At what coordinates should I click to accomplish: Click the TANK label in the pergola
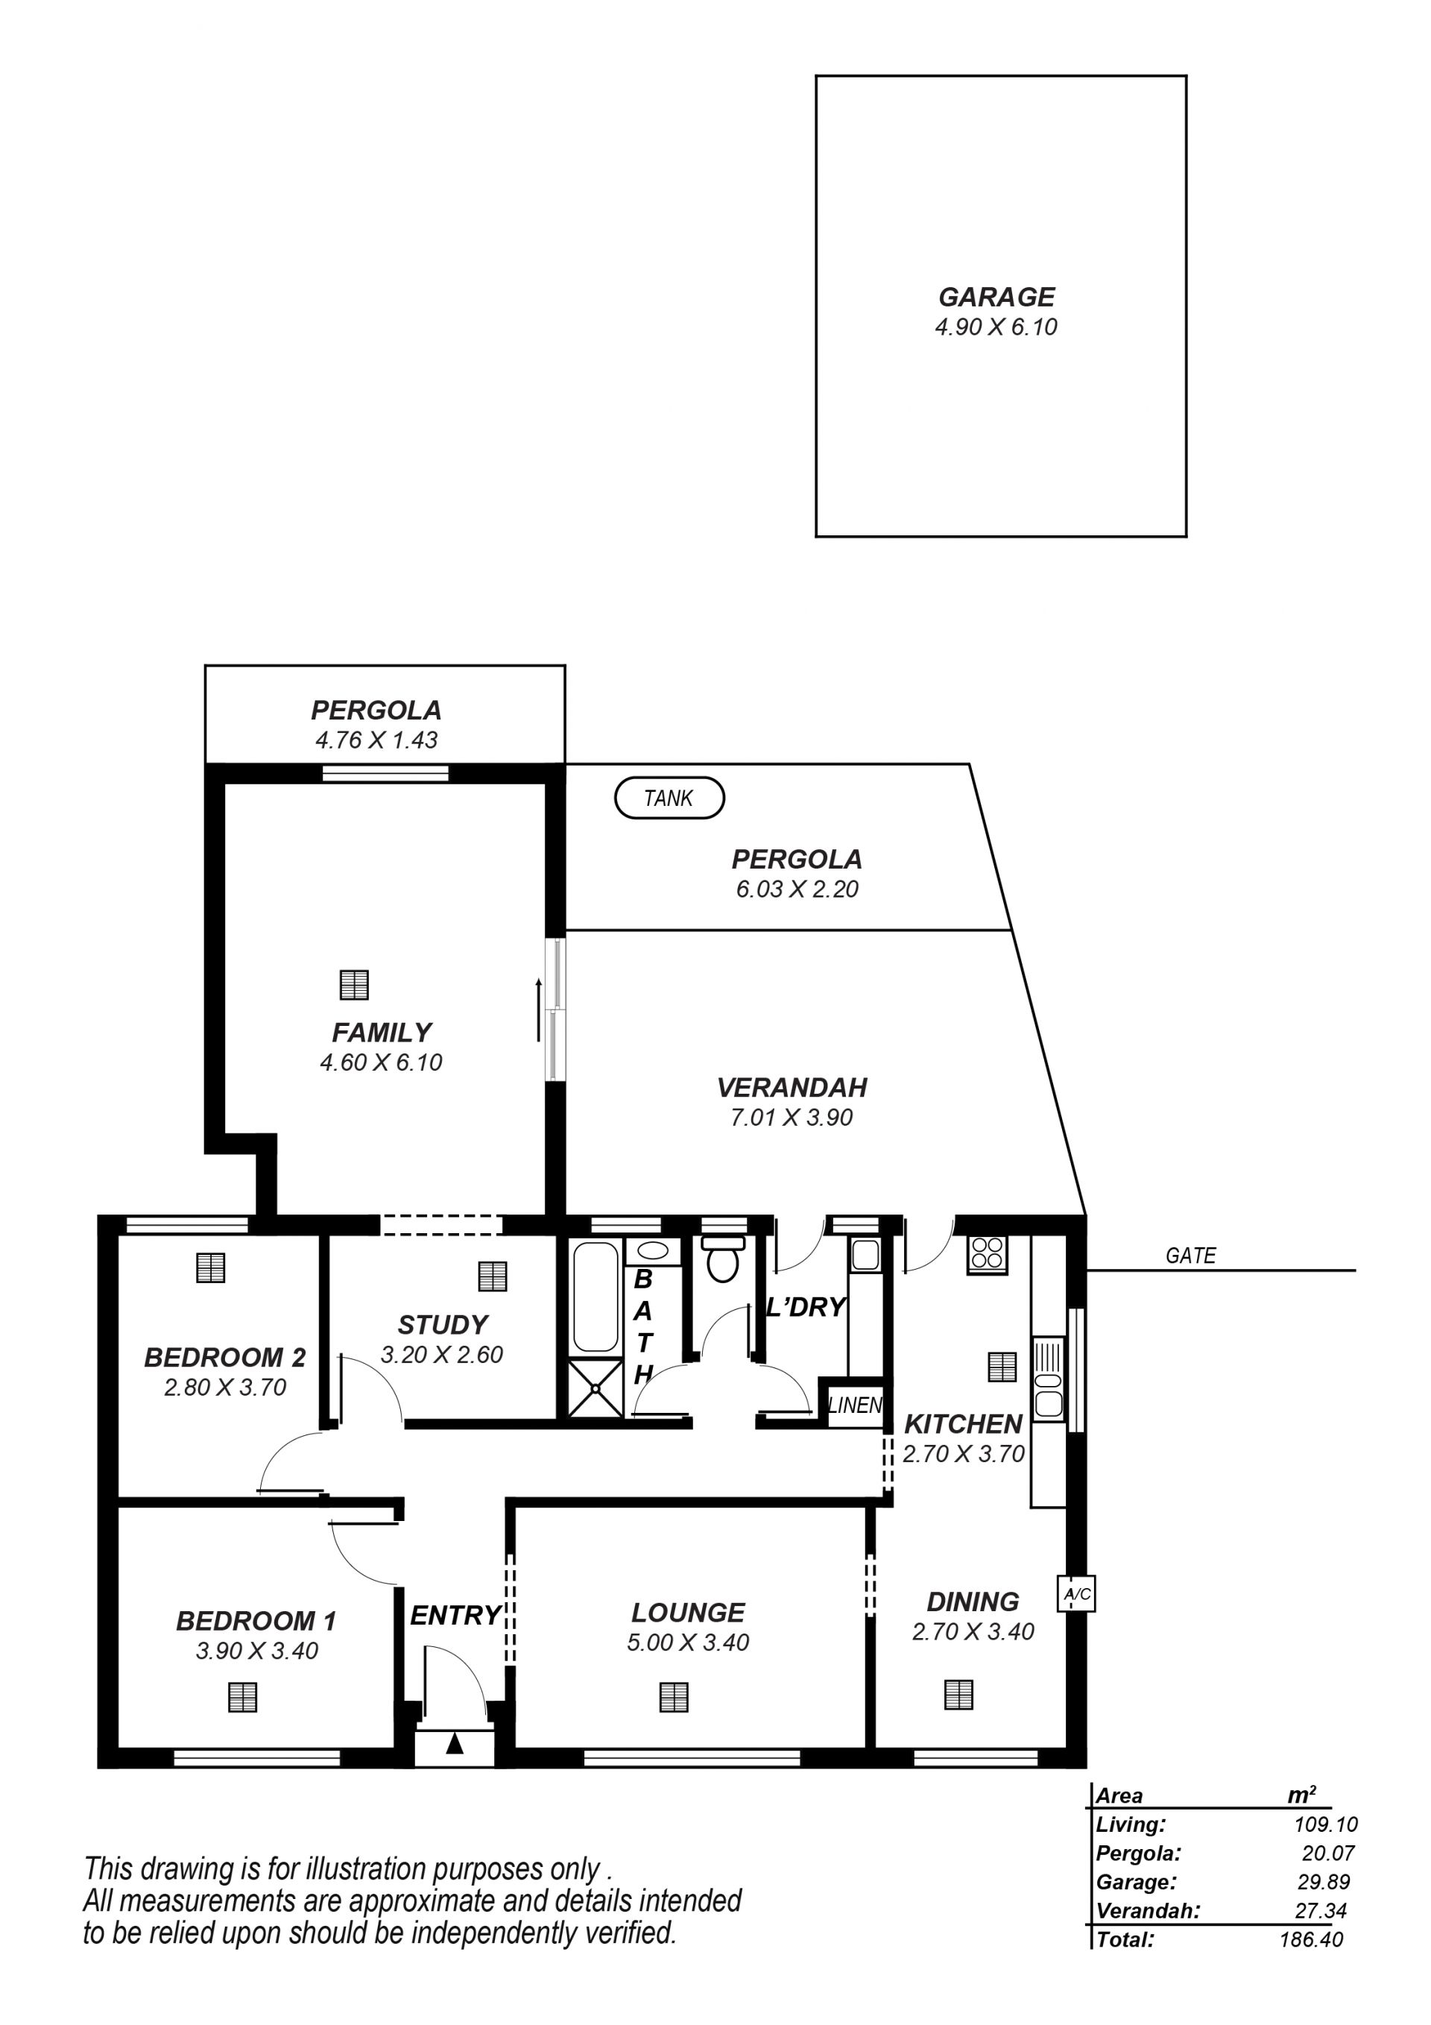click(669, 799)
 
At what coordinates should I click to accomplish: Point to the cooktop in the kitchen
click(988, 1254)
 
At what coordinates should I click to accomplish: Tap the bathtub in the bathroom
click(596, 1297)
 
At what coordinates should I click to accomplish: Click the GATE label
click(1190, 1255)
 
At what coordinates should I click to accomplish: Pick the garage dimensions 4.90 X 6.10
click(996, 327)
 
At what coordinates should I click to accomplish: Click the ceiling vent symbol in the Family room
click(353, 984)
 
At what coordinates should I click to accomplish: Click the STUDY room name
click(443, 1325)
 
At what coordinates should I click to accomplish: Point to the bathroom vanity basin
click(652, 1250)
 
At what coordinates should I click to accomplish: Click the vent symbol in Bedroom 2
click(210, 1267)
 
